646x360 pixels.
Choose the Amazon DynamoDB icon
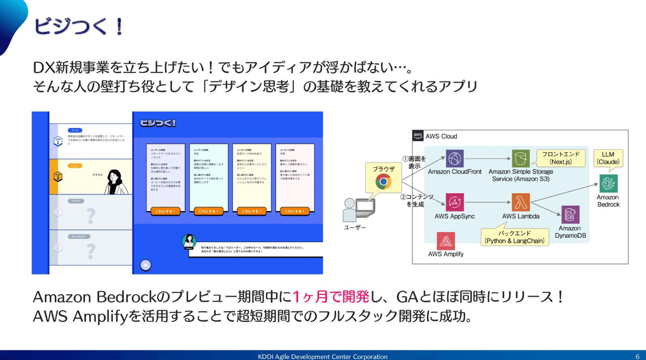(570, 214)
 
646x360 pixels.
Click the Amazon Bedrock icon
(608, 183)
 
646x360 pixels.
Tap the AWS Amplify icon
(446, 241)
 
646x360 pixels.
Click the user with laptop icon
(355, 210)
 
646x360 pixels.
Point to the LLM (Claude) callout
(607, 158)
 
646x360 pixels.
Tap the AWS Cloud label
(441, 136)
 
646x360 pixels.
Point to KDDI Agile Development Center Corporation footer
(323, 356)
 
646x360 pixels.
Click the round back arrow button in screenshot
(145, 265)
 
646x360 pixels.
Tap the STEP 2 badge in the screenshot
(58, 177)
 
